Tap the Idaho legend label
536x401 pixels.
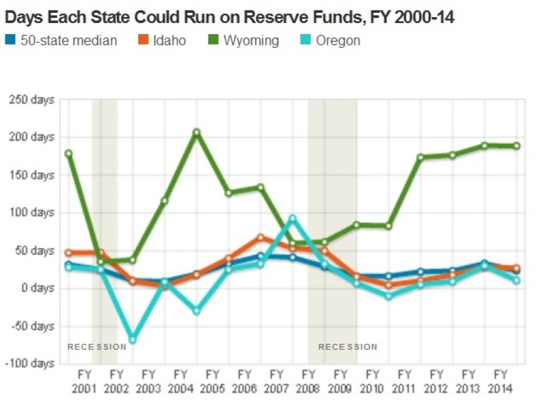pos(170,41)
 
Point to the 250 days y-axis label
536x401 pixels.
pos(32,100)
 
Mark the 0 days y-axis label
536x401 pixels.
pos(37,288)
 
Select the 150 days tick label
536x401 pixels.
pos(32,175)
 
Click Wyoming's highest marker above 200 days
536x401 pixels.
pos(197,133)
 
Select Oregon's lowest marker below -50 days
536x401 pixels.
pos(132,339)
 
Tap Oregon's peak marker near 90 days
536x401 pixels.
pos(292,218)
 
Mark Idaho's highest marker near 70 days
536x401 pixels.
pos(261,237)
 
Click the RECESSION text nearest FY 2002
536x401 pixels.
pos(97,347)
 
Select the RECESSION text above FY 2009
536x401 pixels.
pos(348,347)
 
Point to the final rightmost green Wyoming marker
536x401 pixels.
pos(517,146)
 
